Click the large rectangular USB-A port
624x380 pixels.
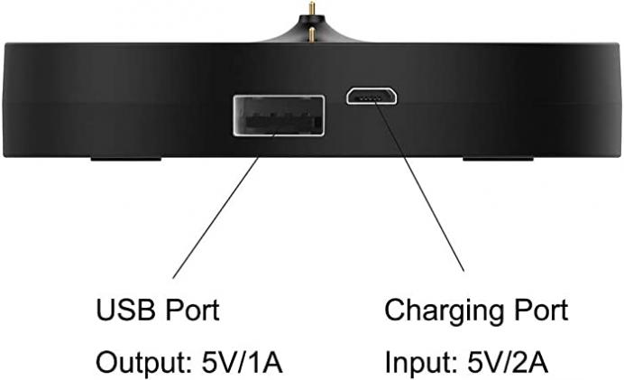(x=279, y=116)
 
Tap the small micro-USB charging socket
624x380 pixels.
(x=372, y=96)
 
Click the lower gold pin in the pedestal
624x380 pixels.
(x=312, y=34)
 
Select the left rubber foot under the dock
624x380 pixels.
(x=125, y=159)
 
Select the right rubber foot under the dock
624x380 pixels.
(x=498, y=159)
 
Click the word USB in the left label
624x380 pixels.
(x=125, y=310)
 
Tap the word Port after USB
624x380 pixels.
(x=192, y=310)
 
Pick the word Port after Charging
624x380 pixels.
(x=541, y=310)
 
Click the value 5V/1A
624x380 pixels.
(x=242, y=363)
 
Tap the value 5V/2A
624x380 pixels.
(x=508, y=363)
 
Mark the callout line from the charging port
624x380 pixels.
(x=419, y=186)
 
